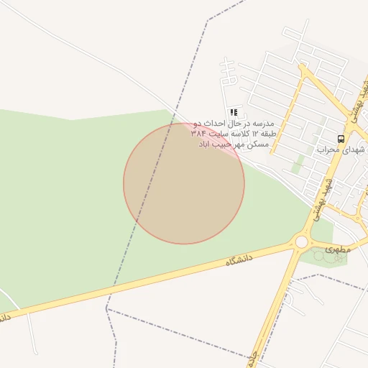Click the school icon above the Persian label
[x=234, y=112]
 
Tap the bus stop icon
[x=340, y=138]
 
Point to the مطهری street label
[x=336, y=249]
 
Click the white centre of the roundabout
[x=301, y=242]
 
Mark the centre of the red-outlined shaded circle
[x=184, y=183]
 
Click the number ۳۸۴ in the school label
[x=198, y=134]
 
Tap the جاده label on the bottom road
[x=253, y=359]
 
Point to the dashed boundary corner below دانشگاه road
[x=106, y=308]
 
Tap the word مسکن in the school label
[x=258, y=144]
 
